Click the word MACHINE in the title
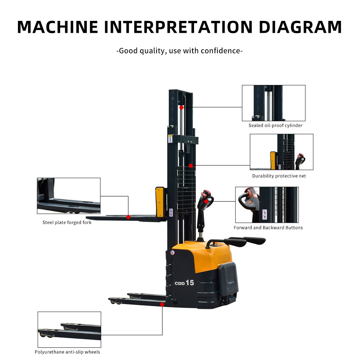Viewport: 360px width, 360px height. point(58,27)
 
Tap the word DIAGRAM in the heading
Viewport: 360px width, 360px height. point(300,27)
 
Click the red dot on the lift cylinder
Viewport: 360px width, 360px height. point(181,107)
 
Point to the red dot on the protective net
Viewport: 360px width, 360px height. point(191,166)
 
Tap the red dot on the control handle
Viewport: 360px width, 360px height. point(206,201)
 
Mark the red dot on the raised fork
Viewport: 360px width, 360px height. point(129,217)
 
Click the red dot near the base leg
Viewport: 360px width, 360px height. point(162,305)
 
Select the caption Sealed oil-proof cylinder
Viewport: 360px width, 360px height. point(275,126)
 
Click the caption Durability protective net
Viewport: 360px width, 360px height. point(279,176)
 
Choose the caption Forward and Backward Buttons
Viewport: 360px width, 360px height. point(268,228)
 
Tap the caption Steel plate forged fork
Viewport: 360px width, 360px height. point(67,222)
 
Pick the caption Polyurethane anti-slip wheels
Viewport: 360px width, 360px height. point(67,352)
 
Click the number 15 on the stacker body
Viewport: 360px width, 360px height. point(190,283)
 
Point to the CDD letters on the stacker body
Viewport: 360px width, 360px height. point(180,284)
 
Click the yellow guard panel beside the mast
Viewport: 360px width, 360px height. point(160,202)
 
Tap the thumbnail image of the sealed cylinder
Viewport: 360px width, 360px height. point(274,103)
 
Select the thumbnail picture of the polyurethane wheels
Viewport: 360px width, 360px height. point(69,329)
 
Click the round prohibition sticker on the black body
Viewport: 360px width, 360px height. point(173,253)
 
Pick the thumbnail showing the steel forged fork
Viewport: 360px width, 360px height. point(69,196)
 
